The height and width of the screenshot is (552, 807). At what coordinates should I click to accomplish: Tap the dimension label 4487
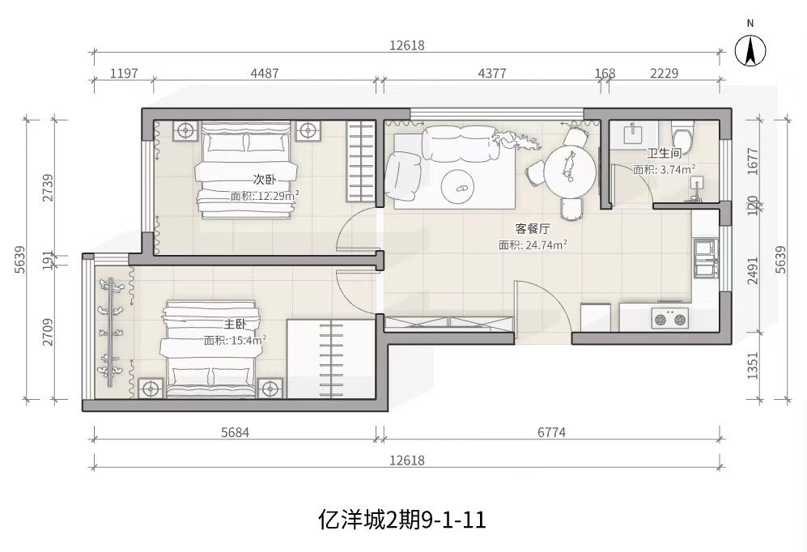pyautogui.click(x=265, y=73)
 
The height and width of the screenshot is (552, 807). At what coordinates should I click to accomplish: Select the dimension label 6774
pyautogui.click(x=551, y=432)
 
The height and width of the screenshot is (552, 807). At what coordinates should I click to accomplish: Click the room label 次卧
pyautogui.click(x=265, y=180)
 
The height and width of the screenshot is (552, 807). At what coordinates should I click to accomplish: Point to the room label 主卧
pyautogui.click(x=235, y=324)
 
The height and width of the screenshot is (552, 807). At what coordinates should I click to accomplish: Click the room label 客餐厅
pyautogui.click(x=533, y=228)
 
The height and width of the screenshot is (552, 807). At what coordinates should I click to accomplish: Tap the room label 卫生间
pyautogui.click(x=665, y=153)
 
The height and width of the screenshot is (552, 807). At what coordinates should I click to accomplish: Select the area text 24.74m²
pyautogui.click(x=546, y=245)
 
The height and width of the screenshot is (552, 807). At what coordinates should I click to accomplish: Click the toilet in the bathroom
pyautogui.click(x=682, y=134)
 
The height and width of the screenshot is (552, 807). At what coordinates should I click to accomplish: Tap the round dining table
pyautogui.click(x=571, y=170)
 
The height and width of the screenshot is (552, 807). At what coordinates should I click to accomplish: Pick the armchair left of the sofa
pyautogui.click(x=404, y=176)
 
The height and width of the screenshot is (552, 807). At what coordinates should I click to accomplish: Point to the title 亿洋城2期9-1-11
pyautogui.click(x=402, y=520)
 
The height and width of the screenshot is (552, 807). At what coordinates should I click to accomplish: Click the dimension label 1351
pyautogui.click(x=753, y=365)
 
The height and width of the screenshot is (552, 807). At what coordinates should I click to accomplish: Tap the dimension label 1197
pyautogui.click(x=124, y=73)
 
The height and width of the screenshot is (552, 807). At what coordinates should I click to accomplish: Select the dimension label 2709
pyautogui.click(x=48, y=332)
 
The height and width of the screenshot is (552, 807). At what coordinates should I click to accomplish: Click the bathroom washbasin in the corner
pyautogui.click(x=632, y=134)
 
